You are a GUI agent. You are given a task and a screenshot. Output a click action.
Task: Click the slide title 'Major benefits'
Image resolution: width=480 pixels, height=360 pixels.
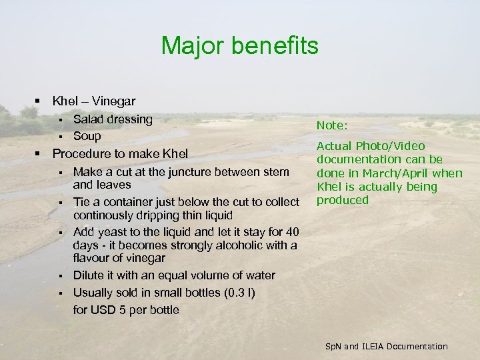240,46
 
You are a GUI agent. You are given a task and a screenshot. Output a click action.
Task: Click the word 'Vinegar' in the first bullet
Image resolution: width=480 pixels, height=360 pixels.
113,101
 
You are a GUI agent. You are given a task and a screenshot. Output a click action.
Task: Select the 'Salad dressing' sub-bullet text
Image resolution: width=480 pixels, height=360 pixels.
113,119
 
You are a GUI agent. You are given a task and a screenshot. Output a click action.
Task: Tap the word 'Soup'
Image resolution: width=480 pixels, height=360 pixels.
87,136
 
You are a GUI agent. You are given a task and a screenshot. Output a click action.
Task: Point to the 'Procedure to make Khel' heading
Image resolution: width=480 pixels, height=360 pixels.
120,153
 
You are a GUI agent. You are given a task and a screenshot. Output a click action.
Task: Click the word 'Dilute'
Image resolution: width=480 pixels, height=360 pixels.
89,275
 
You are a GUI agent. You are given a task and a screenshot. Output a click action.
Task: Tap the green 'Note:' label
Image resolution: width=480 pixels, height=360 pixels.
332,125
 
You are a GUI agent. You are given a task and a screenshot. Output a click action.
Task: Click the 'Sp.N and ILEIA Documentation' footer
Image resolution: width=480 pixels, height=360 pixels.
386,346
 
